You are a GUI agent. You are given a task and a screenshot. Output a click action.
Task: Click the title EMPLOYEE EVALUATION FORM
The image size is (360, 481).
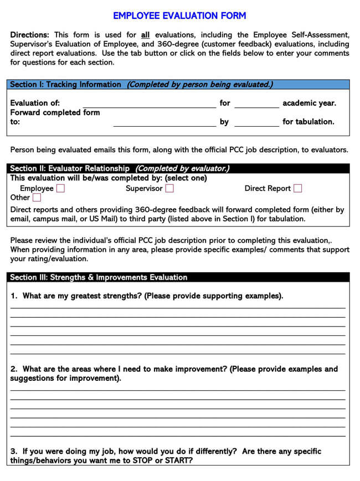179,16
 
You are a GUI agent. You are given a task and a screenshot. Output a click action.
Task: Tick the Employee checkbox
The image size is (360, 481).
60,188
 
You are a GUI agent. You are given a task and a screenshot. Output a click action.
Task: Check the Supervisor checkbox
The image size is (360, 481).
169,188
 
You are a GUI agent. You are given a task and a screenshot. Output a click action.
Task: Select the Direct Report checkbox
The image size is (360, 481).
298,188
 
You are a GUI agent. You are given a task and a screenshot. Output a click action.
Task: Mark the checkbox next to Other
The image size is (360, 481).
37,197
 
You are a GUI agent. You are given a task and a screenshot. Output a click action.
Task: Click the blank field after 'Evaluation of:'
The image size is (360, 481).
149,104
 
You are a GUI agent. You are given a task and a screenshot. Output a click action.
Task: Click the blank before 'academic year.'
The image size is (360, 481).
256,104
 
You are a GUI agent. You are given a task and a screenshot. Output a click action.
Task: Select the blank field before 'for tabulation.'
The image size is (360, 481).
256,122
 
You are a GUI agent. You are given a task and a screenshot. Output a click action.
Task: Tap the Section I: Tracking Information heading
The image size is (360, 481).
65,85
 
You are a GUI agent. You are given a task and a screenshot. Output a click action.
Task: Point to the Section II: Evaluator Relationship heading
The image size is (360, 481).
70,168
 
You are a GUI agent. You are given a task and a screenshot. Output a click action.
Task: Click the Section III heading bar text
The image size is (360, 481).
99,277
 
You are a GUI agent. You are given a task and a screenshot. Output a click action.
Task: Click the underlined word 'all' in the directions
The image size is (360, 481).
146,34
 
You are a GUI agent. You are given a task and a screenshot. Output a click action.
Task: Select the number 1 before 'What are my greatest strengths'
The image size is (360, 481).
13,296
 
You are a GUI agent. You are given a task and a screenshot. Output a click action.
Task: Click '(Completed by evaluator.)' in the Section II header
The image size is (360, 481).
182,168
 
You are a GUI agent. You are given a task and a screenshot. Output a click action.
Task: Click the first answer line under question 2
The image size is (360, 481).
177,390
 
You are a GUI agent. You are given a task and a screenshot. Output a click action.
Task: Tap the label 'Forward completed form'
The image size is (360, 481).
55,112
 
